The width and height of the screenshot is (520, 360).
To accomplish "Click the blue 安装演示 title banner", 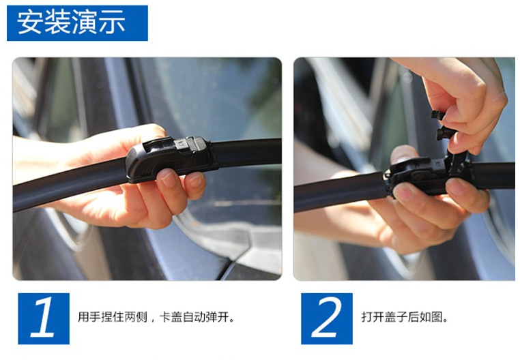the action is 77,23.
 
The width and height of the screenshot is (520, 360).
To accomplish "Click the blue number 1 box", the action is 44,318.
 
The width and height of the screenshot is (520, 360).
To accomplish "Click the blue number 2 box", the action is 327,318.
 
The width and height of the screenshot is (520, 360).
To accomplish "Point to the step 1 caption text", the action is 156,317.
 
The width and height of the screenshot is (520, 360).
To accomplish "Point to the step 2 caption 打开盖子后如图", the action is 405,317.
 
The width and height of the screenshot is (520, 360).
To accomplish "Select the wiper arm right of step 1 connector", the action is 247,153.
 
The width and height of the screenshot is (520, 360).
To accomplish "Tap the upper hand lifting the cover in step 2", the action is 464,100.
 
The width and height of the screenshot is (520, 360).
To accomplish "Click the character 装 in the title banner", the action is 57,22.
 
